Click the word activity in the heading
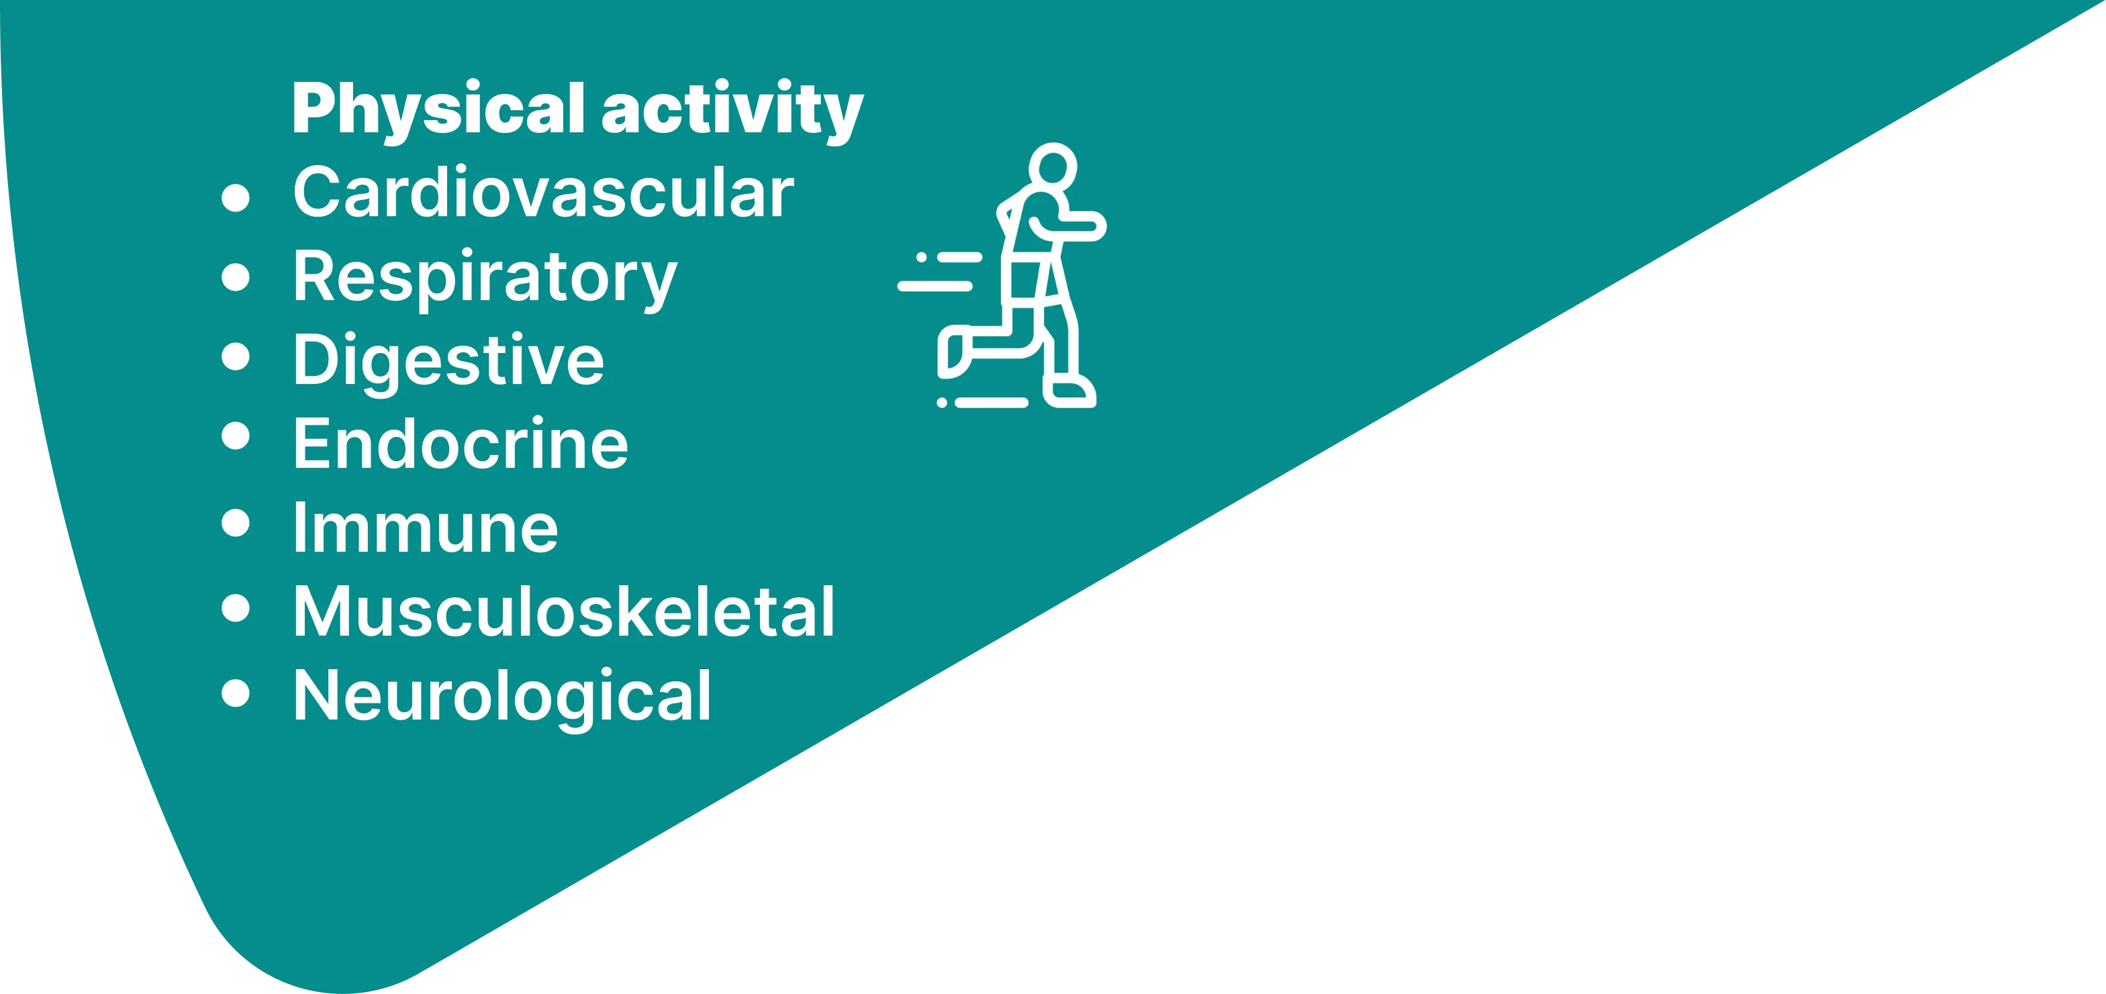pyautogui.click(x=732, y=110)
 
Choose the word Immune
pyautogui.click(x=426, y=528)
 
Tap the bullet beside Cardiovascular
pyautogui.click(x=236, y=198)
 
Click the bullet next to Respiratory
pyautogui.click(x=236, y=277)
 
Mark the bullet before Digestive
pyautogui.click(x=236, y=356)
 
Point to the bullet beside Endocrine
pyautogui.click(x=236, y=436)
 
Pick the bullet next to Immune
pyautogui.click(x=236, y=523)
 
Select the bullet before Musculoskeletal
pyautogui.click(x=236, y=607)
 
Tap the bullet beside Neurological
pyautogui.click(x=236, y=693)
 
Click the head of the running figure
pyautogui.click(x=1052, y=166)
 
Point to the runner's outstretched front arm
pyautogui.click(x=1079, y=226)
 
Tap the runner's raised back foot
pyautogui.click(x=953, y=352)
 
